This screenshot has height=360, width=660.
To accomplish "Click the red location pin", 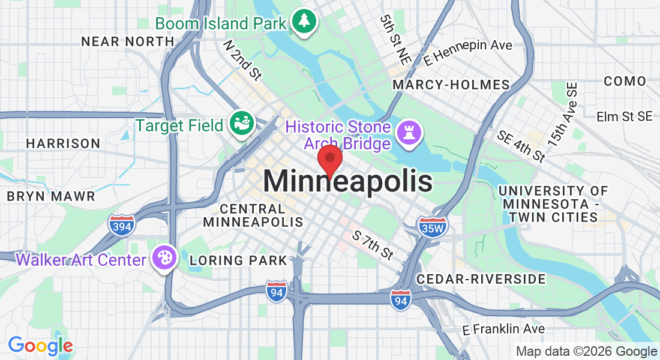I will tap(329, 160).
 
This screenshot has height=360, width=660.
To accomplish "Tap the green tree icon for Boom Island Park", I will tap(305, 22).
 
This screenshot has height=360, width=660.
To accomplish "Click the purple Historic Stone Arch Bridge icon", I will tap(412, 132).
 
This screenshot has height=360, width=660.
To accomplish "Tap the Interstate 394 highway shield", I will tap(122, 224).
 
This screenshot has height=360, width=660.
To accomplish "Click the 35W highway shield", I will tap(432, 227).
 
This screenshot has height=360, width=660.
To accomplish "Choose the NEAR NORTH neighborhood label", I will tap(128, 41).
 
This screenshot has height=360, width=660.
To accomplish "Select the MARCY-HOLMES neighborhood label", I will tap(451, 85).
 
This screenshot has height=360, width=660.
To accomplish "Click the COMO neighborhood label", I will tap(625, 81).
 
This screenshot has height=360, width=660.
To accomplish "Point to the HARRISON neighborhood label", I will tap(63, 143).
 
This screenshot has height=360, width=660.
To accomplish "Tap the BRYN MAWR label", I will tap(51, 196).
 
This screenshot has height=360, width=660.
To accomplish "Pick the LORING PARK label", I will tap(238, 260).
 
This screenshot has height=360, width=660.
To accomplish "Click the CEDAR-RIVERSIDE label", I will tap(481, 279).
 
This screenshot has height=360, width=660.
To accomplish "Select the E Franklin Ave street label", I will tap(503, 329).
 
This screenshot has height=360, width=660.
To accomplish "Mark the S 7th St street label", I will tap(373, 246).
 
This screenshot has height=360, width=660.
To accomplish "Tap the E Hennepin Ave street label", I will tap(467, 52).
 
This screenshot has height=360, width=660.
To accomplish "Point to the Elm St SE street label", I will tap(625, 116).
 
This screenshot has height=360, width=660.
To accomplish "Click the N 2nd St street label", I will tap(243, 60).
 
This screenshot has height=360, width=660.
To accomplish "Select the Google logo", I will tap(40, 346).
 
